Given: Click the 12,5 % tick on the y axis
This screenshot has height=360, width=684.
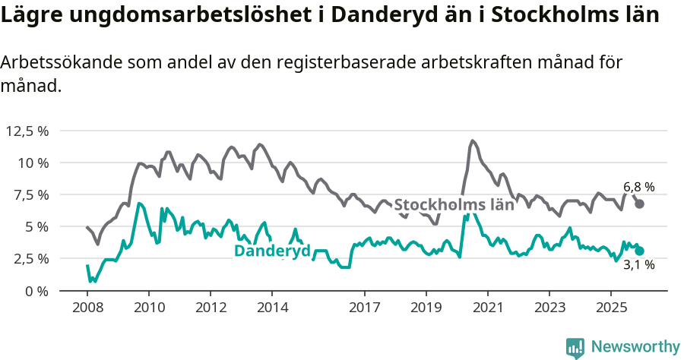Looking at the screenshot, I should point(27,131).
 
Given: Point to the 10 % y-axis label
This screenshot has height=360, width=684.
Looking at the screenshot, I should point(32,163).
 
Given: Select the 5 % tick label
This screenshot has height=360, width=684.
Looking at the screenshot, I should point(35,226).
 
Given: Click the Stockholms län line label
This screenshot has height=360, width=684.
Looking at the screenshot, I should point(454,204).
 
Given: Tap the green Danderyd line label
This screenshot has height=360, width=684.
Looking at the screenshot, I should point(272,251).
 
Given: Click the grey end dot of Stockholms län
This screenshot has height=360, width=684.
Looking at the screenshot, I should point(640,204).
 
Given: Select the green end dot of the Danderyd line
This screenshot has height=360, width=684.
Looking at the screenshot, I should point(640,251).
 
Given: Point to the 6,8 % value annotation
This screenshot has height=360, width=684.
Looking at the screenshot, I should point(638,187).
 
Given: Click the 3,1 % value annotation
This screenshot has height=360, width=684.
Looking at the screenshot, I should point(638,265).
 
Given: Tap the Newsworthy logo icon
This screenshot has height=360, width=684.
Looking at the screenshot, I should point(575,347).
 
